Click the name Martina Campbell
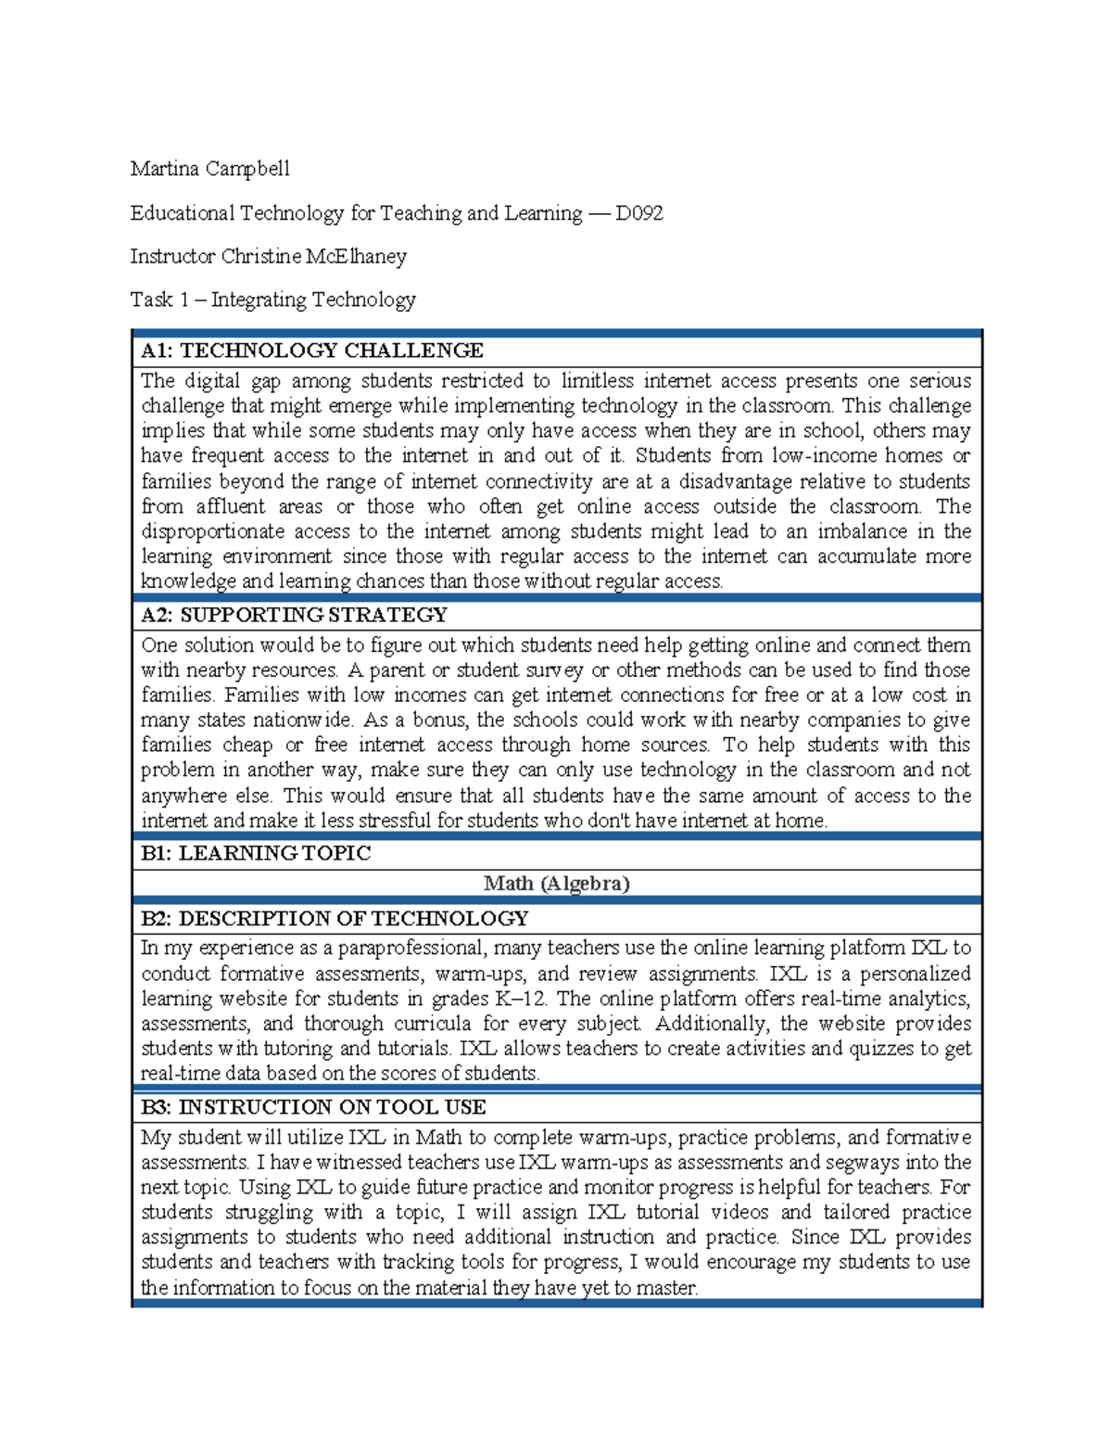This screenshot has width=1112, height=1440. coord(209,169)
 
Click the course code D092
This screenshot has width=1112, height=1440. coord(638,213)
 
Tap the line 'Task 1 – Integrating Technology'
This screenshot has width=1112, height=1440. coord(272,299)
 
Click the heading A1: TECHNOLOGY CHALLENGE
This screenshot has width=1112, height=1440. coord(311,350)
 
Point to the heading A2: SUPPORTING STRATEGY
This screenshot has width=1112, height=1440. coord(294,615)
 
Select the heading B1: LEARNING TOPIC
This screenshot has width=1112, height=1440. coord(255,853)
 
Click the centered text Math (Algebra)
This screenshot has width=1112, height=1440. coord(556,884)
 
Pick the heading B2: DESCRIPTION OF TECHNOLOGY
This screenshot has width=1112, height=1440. coord(334,919)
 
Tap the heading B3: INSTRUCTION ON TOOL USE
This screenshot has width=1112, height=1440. coord(313,1107)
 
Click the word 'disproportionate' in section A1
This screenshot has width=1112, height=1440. coord(212,531)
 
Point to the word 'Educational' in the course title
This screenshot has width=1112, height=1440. coord(182,213)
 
